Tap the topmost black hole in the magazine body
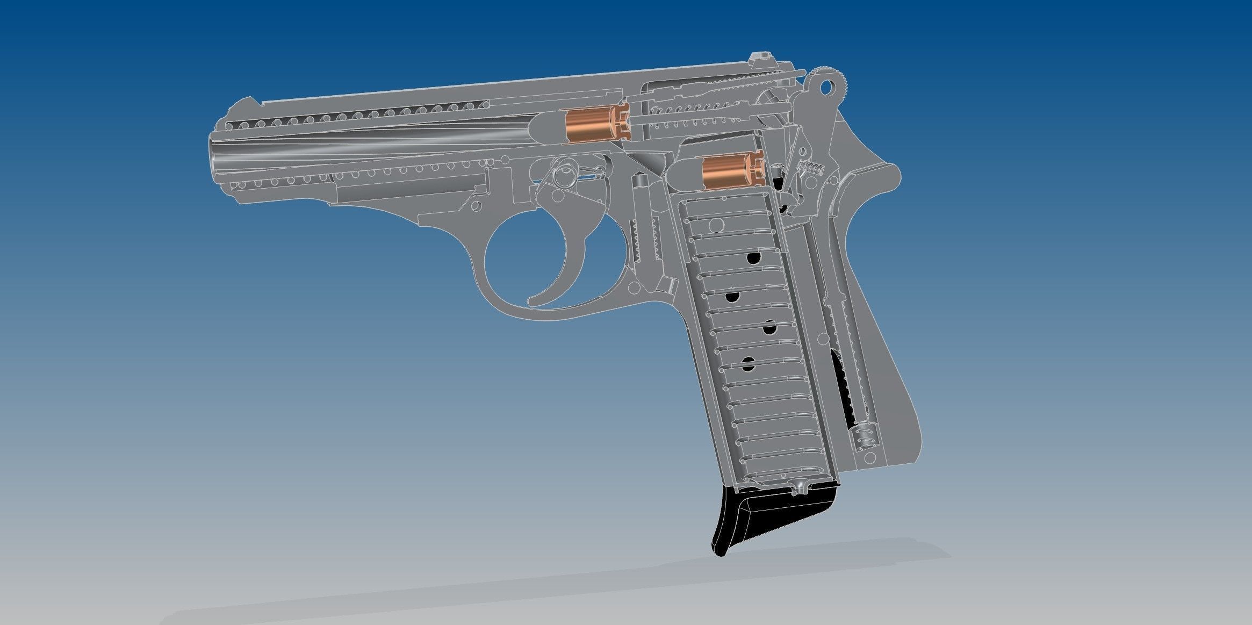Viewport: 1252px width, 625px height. (753, 258)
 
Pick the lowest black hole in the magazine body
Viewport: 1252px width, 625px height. (748, 364)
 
